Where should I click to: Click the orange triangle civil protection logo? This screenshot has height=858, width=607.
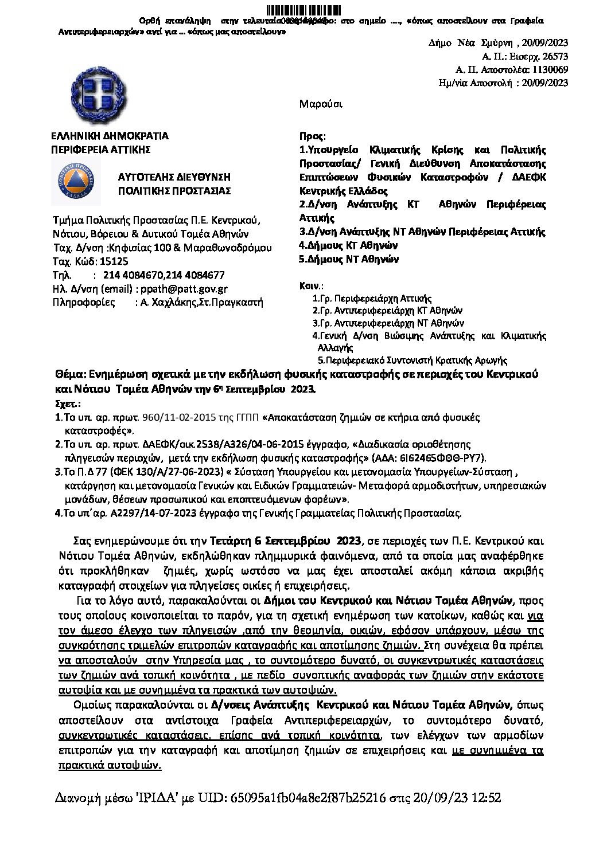click(x=75, y=182)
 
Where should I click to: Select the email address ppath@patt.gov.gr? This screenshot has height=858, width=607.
click(x=189, y=289)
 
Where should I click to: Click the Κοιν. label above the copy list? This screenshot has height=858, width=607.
click(x=311, y=285)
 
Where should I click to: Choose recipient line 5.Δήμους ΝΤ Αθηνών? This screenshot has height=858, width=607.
click(x=349, y=259)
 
